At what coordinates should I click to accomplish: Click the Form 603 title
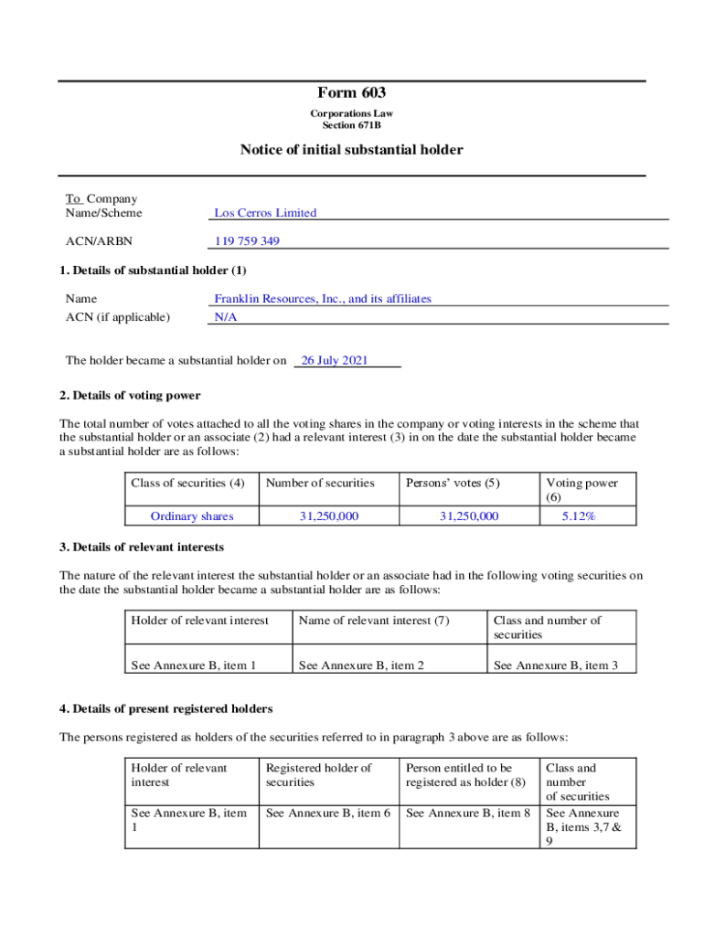click(352, 93)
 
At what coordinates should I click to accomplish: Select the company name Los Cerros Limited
click(265, 213)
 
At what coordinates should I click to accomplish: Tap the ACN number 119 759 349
click(247, 241)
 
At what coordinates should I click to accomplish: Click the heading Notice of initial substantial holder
click(352, 150)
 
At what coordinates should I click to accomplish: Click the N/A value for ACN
click(223, 317)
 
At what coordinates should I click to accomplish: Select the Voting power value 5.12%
click(579, 516)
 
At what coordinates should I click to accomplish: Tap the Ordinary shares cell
click(192, 516)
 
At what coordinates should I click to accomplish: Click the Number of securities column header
click(320, 484)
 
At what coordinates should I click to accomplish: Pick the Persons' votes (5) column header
click(453, 484)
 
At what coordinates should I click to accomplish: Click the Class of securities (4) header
click(188, 484)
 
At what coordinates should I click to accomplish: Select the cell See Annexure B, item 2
click(361, 665)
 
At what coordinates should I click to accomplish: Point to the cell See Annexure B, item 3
click(556, 665)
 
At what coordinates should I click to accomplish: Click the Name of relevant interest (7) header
click(374, 621)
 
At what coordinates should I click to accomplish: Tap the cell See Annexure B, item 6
click(328, 813)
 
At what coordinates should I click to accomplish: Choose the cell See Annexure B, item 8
click(468, 813)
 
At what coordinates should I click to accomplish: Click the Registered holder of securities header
click(319, 775)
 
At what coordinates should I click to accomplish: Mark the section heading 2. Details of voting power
click(130, 396)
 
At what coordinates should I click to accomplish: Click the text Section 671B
click(352, 125)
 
